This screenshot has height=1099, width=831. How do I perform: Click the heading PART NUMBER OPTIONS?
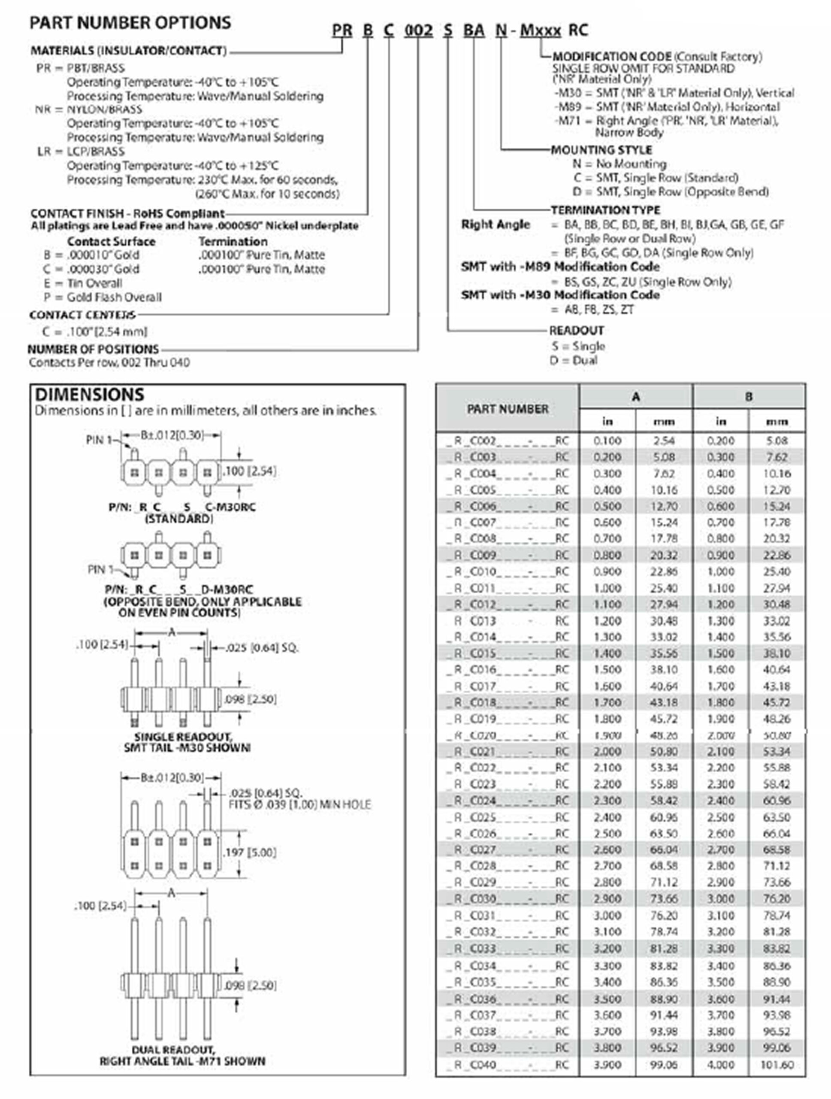click(x=130, y=23)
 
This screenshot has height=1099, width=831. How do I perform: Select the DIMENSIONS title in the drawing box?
click(x=89, y=395)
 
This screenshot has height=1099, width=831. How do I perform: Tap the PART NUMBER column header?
click(x=508, y=409)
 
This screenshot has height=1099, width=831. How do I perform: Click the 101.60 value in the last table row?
click(x=777, y=1065)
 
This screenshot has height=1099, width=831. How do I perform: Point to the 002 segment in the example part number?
click(x=418, y=31)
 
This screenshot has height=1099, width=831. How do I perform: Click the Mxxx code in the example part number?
click(x=540, y=31)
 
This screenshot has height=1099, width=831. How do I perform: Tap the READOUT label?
click(x=576, y=331)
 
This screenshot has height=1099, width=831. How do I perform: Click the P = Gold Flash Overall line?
click(x=103, y=297)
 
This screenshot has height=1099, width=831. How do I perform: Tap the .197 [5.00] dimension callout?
click(x=250, y=853)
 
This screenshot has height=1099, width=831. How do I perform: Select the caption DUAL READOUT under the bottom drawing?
click(x=173, y=1050)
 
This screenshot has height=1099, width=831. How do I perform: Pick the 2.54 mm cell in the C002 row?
click(x=664, y=441)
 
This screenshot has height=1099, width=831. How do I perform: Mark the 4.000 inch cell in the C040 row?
click(x=720, y=1065)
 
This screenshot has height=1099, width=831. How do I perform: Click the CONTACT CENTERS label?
click(x=82, y=315)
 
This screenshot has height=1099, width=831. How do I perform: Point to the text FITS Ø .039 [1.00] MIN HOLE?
click(x=299, y=805)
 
